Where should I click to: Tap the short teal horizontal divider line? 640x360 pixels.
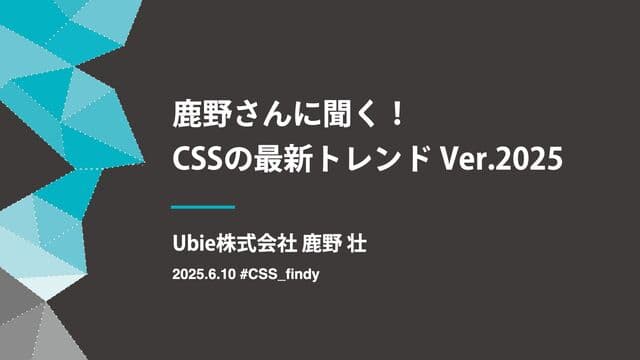(x=203, y=207)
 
